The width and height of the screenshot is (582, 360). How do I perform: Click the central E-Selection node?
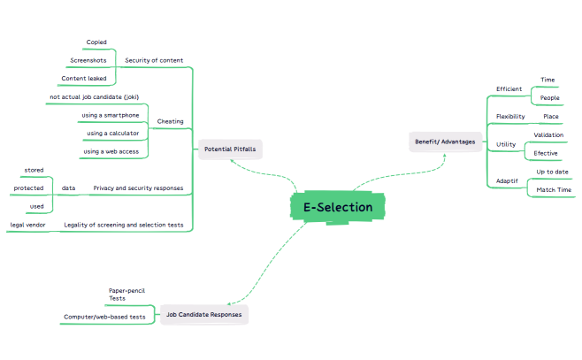[x=337, y=207]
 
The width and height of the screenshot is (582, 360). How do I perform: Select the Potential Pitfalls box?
[x=230, y=149]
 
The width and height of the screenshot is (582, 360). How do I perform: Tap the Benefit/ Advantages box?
[x=445, y=142]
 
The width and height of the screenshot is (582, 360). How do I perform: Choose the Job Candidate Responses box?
[x=203, y=315]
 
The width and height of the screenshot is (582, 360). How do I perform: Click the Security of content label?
[x=154, y=60]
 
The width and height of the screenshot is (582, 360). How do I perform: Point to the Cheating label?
[x=170, y=121]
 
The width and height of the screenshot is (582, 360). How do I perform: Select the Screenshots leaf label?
[x=88, y=60]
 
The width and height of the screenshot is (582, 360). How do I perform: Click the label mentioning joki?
[x=95, y=97]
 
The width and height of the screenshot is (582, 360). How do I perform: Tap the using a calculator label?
[x=113, y=134]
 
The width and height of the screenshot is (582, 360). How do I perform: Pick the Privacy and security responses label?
[x=138, y=188]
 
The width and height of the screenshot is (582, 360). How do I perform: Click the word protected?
[x=28, y=188]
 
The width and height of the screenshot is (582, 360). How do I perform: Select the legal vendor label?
[x=27, y=225]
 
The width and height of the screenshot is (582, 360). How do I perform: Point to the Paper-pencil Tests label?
[x=126, y=295]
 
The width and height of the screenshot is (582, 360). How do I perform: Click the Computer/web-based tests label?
[x=104, y=317]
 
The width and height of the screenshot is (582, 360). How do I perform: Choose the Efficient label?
[x=509, y=89]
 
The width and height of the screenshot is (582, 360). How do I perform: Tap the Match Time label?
[x=554, y=189]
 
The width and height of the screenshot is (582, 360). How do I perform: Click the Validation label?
[x=548, y=135]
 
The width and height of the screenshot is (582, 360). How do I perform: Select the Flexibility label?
[x=510, y=117]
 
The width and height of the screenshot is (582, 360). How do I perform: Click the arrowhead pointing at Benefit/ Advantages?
[x=444, y=157]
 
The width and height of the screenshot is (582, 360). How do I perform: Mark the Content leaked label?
[x=84, y=79]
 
